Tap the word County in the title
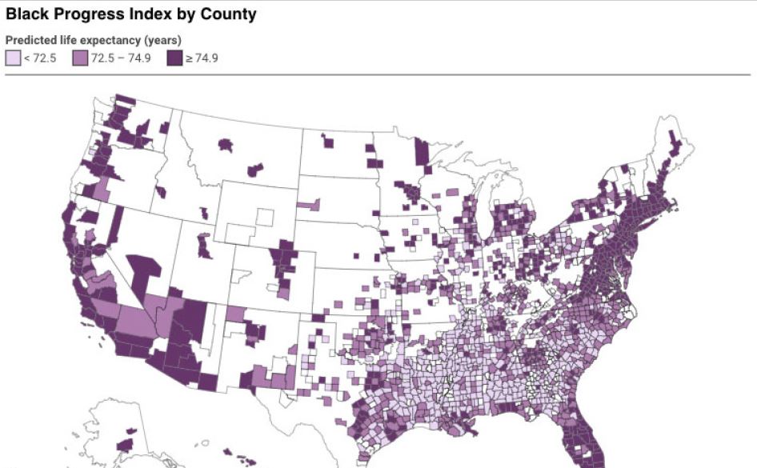tap(228, 14)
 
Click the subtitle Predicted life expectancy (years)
tap(93, 40)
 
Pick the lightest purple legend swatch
tap(13, 58)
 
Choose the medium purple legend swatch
tap(79, 58)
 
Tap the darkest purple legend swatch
tap(174, 58)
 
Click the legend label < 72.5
tap(40, 58)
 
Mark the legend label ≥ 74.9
tap(201, 58)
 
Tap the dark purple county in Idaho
tap(161, 192)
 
